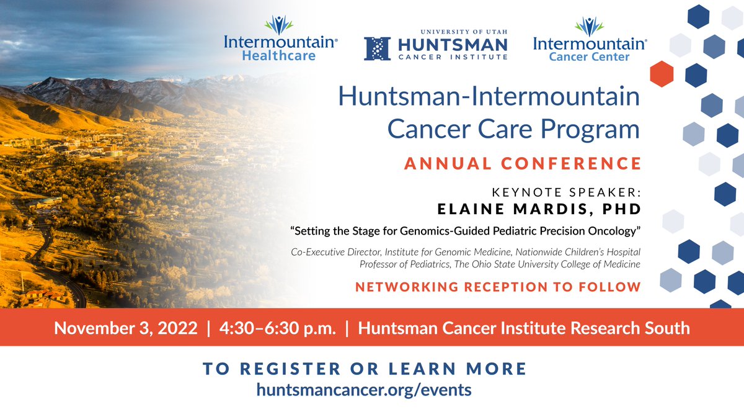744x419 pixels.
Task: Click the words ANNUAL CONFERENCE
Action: [x=523, y=163]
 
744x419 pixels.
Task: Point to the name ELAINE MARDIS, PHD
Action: [x=539, y=209]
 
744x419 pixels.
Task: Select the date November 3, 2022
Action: [x=126, y=327]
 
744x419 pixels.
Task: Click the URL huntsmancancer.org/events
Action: [x=364, y=389]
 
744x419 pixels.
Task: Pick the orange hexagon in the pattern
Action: [x=662, y=74]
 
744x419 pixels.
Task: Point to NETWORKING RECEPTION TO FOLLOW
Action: [x=498, y=287]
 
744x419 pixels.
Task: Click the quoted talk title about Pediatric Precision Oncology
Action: [x=465, y=231]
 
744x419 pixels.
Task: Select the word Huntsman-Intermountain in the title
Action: [x=489, y=97]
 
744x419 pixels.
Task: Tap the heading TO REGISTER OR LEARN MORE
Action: [x=365, y=369]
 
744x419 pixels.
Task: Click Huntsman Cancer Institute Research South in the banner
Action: [x=524, y=327]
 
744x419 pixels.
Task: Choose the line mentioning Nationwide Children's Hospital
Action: [x=466, y=252]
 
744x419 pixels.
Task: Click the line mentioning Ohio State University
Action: [x=500, y=264]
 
